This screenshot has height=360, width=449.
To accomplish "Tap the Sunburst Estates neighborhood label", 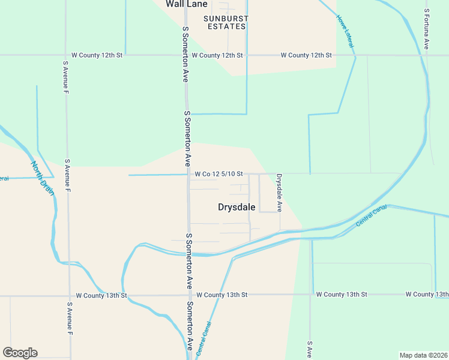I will [227, 22].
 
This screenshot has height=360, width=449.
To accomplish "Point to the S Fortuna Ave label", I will [427, 28].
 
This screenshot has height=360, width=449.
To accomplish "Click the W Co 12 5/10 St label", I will [218, 174].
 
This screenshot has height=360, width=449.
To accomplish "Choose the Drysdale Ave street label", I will [279, 192].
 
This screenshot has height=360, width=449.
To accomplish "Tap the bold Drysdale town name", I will [236, 207].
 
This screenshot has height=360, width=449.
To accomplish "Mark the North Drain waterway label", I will [43, 178].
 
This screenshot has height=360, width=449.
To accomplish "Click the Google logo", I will [20, 353].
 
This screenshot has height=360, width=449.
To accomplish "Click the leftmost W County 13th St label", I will [102, 295].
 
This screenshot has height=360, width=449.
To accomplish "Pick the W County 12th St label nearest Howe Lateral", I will [307, 55].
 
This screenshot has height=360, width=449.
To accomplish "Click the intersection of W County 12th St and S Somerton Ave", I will [186, 55].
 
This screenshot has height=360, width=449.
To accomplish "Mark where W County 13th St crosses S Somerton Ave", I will [189, 295].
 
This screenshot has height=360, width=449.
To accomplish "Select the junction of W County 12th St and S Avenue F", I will [65, 55].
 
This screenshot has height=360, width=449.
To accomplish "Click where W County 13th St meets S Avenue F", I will [69, 295].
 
